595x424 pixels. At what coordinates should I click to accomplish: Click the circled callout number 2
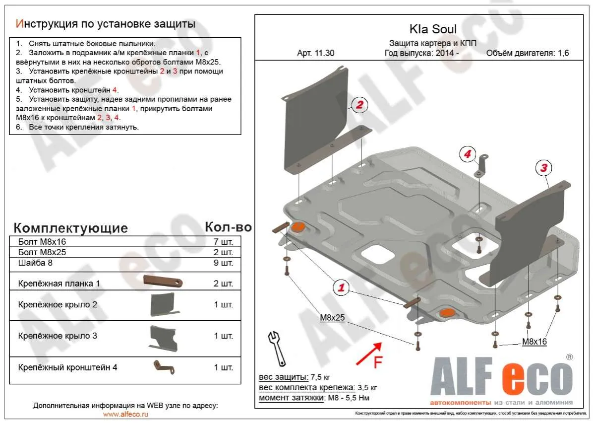[x=360, y=104]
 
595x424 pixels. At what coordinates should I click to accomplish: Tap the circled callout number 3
[x=543, y=168]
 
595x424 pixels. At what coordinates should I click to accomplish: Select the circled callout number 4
[x=467, y=154]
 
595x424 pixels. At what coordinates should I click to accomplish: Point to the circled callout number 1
[x=341, y=286]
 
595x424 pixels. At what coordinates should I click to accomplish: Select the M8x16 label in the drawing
[x=534, y=342]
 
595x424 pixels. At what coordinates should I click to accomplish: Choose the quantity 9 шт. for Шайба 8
[x=223, y=263]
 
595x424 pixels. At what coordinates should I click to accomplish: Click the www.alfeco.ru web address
[x=125, y=414]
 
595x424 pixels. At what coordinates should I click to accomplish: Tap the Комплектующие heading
[x=70, y=228]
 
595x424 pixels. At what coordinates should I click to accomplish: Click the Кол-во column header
[x=228, y=227]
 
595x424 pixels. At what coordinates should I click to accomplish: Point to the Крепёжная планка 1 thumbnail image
[x=163, y=281]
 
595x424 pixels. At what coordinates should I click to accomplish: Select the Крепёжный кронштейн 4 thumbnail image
[x=163, y=367]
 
